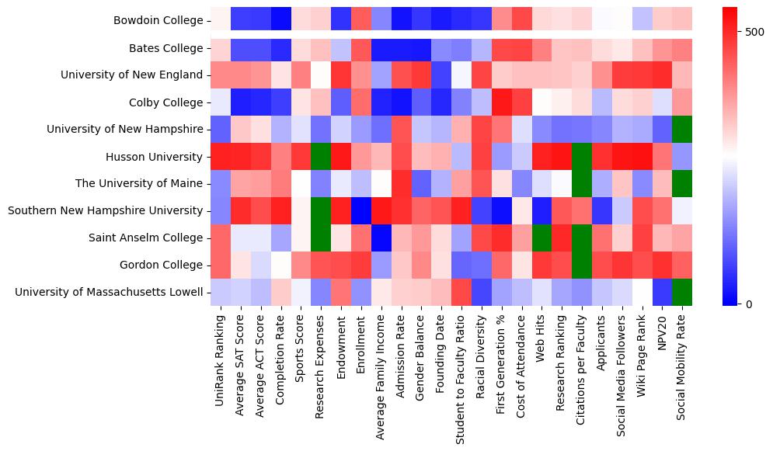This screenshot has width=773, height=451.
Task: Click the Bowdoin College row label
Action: [x=158, y=21]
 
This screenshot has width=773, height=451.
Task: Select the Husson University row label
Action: [x=154, y=157]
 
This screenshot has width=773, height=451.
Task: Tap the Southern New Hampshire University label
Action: [x=105, y=211]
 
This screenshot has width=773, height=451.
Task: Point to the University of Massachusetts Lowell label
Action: [x=109, y=293]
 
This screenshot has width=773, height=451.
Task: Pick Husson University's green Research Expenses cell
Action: [x=320, y=157]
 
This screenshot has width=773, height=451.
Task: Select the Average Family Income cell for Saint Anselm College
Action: [x=381, y=238]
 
